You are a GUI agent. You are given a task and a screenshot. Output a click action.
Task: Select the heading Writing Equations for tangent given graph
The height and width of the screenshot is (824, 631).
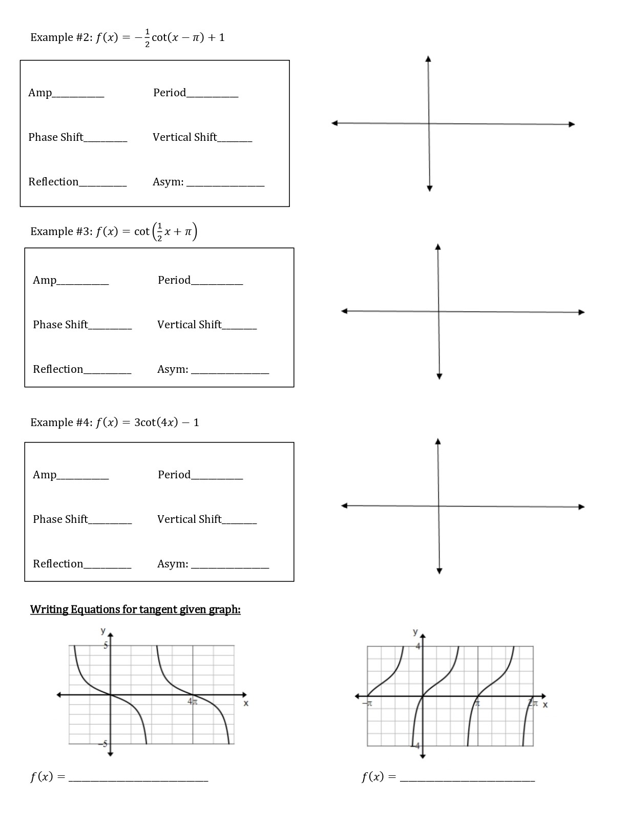[x=135, y=609]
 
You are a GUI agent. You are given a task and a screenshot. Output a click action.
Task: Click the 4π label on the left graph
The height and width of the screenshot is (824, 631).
[x=192, y=701]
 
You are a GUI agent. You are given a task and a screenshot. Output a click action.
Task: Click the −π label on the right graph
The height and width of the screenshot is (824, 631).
[x=367, y=704]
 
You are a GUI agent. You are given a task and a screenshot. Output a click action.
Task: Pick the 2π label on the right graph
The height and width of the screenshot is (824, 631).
[x=533, y=704]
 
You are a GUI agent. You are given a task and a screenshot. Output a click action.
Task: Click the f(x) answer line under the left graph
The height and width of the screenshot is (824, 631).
[x=138, y=778]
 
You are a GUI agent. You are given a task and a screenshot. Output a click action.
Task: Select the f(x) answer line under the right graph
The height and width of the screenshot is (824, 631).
[x=467, y=778]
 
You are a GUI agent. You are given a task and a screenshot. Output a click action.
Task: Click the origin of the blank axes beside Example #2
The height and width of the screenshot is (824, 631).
[x=429, y=123]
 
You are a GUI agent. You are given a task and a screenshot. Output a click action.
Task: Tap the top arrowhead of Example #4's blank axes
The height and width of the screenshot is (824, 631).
[x=438, y=441]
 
